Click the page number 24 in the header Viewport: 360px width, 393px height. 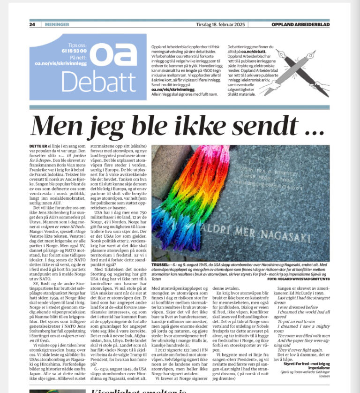coord(32,24)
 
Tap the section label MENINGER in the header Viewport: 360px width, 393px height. coord(57,24)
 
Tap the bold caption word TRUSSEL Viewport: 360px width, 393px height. coord(162,265)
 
